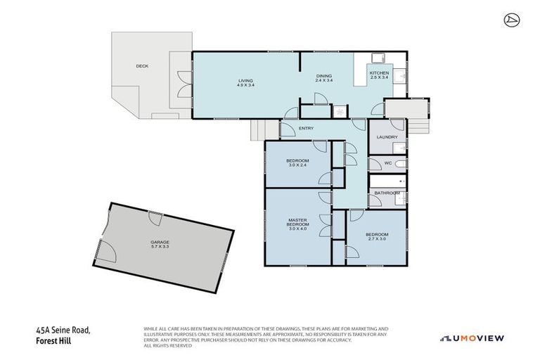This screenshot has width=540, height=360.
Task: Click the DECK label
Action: click(x=142, y=66)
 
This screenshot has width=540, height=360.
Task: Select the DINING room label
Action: click(x=323, y=77)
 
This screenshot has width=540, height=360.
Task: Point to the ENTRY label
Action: click(x=306, y=128)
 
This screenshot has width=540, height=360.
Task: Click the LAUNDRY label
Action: click(x=387, y=137)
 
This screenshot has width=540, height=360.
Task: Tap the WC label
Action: click(x=387, y=163)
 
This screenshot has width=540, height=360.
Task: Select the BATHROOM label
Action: click(x=387, y=193)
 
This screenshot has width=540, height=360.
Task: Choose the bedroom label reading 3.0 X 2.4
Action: click(x=297, y=164)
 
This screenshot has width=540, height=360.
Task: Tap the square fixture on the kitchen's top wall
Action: click(x=378, y=58)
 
